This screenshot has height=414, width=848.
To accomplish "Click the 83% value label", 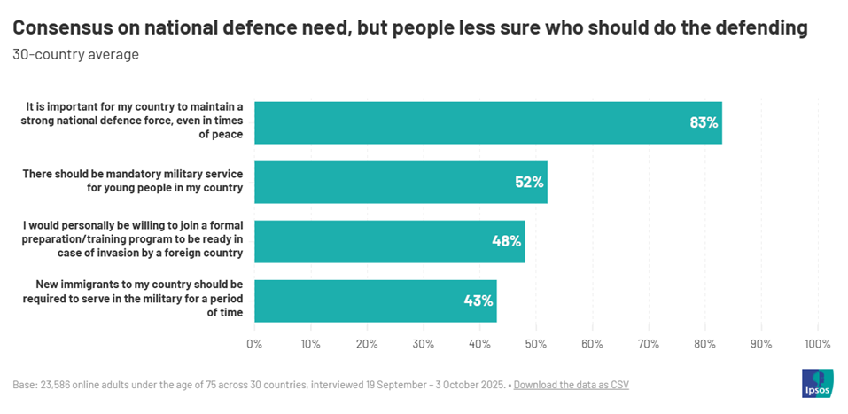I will (704, 122).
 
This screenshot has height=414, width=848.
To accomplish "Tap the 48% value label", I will (506, 241).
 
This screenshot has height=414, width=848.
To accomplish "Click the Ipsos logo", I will (817, 385).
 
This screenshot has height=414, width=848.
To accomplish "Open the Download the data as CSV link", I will (571, 385).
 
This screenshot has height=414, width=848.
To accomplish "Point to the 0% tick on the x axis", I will (254, 344).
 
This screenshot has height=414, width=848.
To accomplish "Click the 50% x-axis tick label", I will (535, 344).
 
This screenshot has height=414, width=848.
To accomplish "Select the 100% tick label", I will (816, 344).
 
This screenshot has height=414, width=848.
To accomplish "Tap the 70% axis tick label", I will (648, 344).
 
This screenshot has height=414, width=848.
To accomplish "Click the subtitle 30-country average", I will (75, 55).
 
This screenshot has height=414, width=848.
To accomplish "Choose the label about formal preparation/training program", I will (133, 241).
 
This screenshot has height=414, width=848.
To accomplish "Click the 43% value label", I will (478, 301).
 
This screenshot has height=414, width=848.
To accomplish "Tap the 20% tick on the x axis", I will (366, 344).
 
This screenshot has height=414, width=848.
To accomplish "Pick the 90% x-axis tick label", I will (760, 344).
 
